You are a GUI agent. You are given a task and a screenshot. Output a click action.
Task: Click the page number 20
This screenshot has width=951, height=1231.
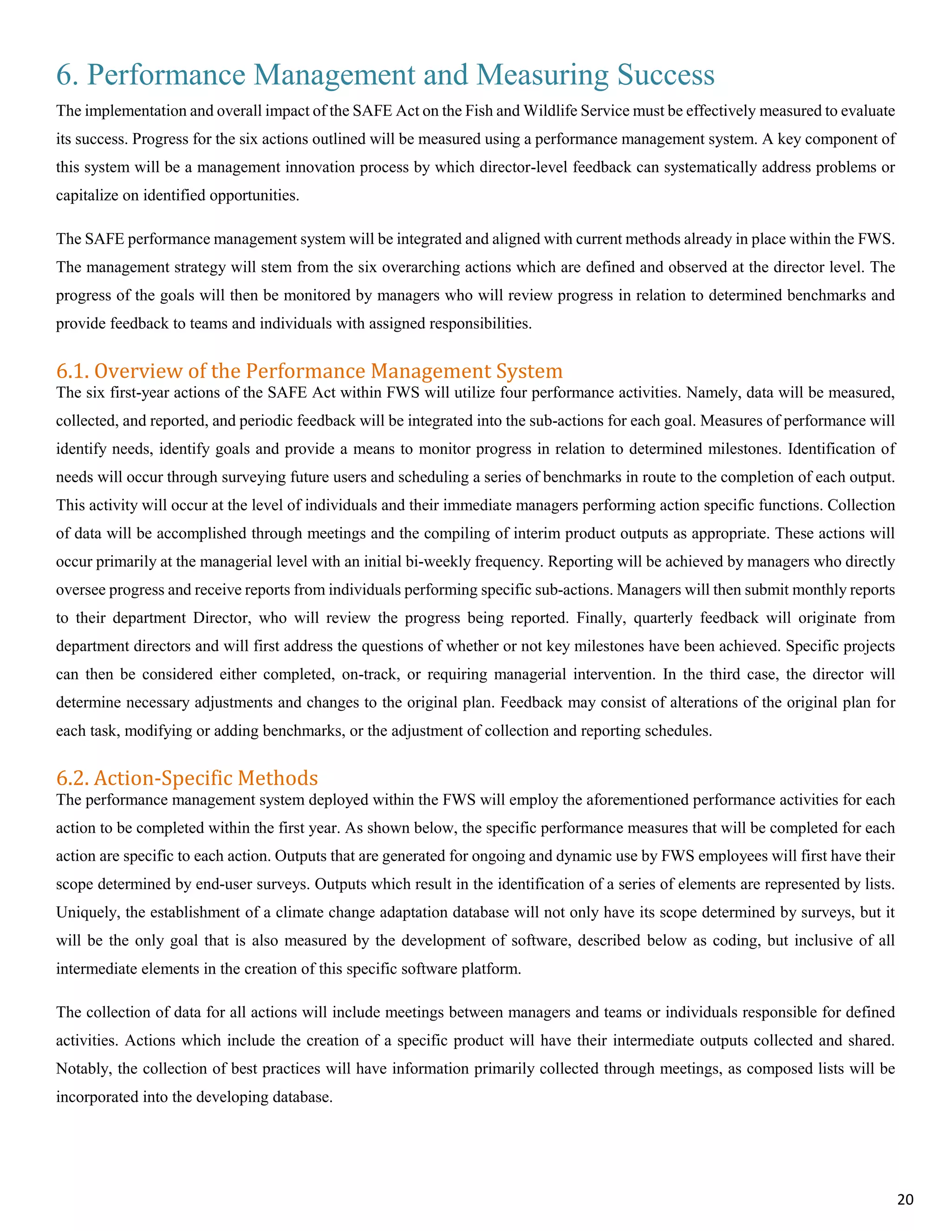point(905,1199)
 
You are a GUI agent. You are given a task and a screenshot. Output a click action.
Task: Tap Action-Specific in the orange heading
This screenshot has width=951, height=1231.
point(163,778)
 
